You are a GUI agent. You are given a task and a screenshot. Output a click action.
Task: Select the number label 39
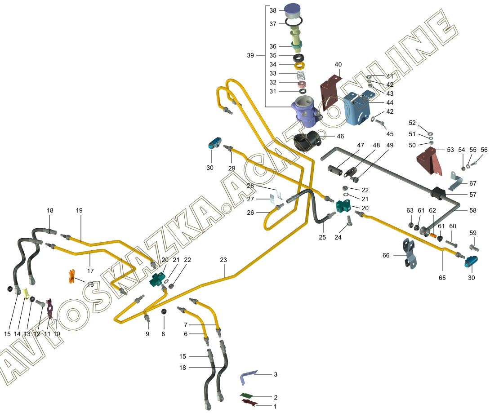250,55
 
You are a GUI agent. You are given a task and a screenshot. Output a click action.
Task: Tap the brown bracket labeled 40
331,92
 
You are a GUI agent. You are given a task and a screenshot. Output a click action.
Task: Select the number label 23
224,260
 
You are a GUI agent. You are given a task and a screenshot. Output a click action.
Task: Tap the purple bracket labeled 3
248,377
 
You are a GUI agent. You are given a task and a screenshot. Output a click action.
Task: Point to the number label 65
442,278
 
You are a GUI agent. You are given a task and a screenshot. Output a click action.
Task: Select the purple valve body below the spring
306,110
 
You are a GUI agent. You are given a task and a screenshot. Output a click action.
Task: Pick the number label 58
472,210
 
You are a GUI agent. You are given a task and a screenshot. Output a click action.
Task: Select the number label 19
79,210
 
